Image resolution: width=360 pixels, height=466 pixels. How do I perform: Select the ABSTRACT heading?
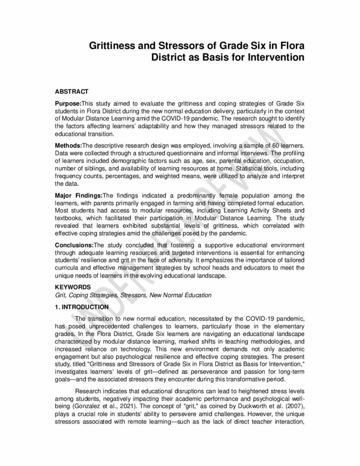[71, 91]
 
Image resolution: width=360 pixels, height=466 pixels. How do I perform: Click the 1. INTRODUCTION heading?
[81, 307]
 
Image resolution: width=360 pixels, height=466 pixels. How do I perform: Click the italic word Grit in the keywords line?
[60, 295]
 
